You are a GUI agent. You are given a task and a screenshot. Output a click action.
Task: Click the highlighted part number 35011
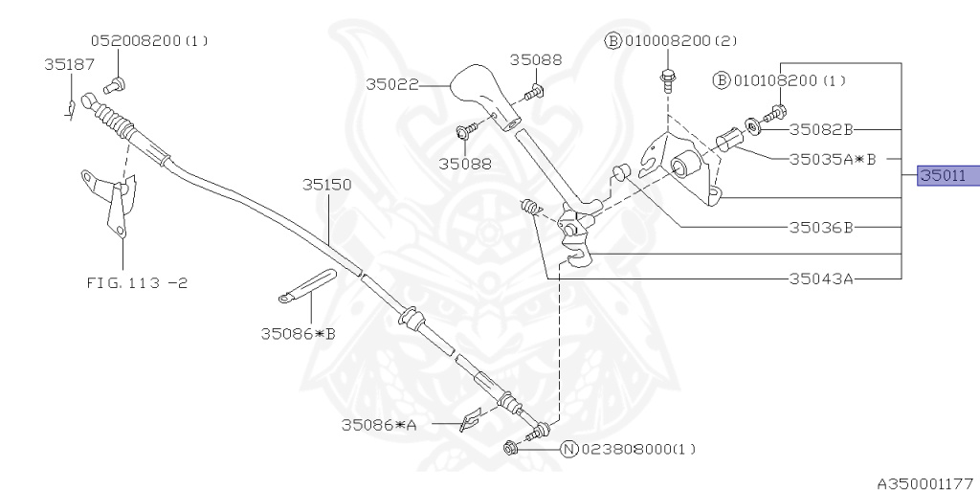pos(943,176)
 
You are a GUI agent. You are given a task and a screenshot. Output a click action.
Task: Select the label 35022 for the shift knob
pos(391,84)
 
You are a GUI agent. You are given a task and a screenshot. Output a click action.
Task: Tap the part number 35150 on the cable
pos(327,185)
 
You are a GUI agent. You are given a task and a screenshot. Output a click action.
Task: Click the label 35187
pos(69,64)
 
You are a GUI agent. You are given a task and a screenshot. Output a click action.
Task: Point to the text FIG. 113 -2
pos(137,282)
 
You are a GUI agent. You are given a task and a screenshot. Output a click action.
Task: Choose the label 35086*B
pos(299,334)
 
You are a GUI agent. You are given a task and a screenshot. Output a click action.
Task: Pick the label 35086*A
pos(379,425)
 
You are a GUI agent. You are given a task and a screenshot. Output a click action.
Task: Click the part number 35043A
pos(820,278)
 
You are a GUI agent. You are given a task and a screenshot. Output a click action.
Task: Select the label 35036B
pos(820,228)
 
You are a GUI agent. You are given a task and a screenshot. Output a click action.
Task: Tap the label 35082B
pos(820,129)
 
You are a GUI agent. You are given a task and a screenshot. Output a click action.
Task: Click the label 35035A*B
pos(833,160)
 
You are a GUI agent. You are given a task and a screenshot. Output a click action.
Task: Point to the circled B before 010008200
pos(612,41)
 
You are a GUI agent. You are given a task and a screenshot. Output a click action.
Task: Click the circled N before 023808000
pos(568,449)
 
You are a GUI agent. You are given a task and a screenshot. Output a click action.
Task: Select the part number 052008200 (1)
pos(149,40)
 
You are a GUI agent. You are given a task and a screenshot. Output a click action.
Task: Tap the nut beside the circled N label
pos(510,448)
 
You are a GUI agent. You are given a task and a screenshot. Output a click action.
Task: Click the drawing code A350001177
pos(927,483)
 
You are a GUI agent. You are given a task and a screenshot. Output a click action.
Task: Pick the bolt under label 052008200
pos(115,85)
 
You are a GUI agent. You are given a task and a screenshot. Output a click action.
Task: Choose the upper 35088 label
pos(536,59)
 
